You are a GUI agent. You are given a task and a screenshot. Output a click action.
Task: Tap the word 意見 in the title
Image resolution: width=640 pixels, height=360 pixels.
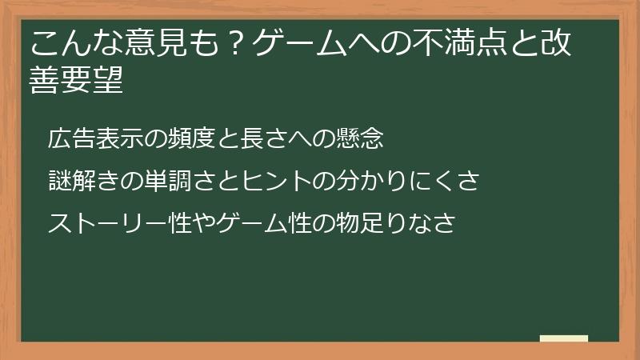pyautogui.click(x=152, y=44)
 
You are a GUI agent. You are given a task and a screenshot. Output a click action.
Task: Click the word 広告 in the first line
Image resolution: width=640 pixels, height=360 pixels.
pyautogui.click(x=67, y=138)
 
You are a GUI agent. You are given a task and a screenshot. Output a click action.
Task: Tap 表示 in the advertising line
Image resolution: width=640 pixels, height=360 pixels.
pyautogui.click(x=109, y=138)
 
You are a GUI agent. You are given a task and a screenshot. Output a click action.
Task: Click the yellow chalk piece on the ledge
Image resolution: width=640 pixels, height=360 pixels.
pyautogui.click(x=563, y=338)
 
